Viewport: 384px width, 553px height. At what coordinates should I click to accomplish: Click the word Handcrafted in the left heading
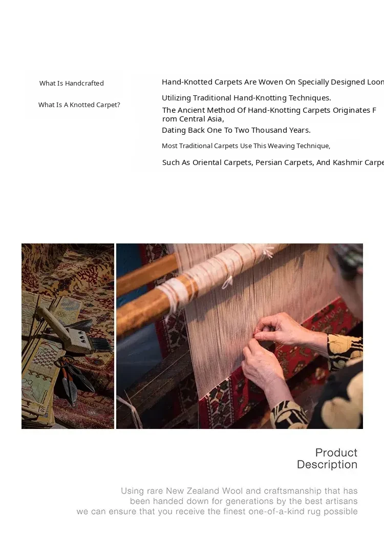[84, 83]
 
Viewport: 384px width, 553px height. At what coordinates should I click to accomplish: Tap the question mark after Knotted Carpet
[118, 105]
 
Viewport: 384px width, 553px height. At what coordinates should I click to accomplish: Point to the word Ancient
[190, 110]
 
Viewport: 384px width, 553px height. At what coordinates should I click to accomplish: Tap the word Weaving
[281, 146]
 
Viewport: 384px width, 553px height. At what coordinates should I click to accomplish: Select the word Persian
[269, 162]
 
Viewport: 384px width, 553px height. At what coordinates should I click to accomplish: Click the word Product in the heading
[336, 453]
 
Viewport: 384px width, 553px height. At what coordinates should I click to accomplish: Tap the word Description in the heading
[327, 464]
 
